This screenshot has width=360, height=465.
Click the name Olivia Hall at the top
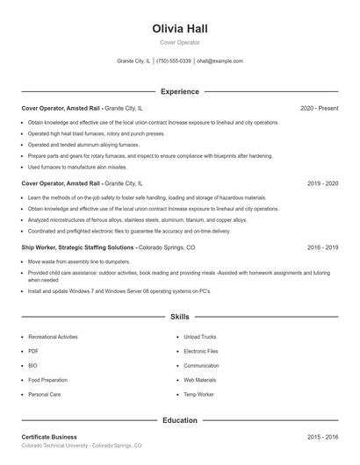pos(179,29)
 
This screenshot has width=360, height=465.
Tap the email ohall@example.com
pos(220,61)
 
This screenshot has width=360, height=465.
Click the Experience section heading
pos(179,91)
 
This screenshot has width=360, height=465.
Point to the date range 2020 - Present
pos(319,108)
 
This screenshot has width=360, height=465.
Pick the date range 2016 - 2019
pos(322,247)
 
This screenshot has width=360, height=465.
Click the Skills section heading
pos(179,316)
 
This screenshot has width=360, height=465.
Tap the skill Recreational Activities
pos(53,337)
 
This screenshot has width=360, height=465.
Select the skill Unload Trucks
pos(201,337)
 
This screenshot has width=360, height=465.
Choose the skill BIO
pos(32,366)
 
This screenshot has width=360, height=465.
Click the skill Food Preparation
pos(47,380)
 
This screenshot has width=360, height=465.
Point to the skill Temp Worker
pos(199,395)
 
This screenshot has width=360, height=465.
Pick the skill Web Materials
pos(200,380)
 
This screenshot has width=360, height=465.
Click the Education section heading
pos(179,420)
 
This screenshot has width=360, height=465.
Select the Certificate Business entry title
pos(49,436)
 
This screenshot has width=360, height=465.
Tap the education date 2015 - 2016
pos(322,436)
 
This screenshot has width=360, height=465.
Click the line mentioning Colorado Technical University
pos(81,446)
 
